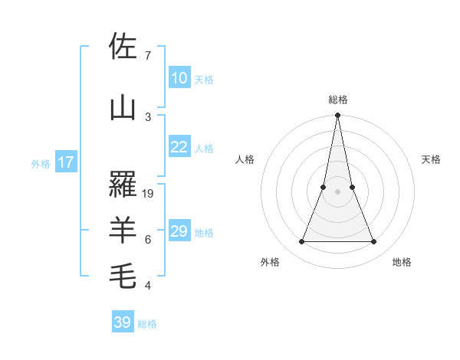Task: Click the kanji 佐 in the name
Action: click(123, 47)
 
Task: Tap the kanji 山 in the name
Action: click(123, 108)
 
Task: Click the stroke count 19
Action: click(148, 194)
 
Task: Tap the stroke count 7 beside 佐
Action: click(147, 56)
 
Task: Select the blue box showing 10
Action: click(179, 78)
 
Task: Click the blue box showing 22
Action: click(179, 147)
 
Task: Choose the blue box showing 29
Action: click(179, 231)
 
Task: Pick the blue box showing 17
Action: click(65, 162)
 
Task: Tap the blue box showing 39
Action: click(123, 322)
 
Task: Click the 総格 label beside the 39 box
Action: click(147, 324)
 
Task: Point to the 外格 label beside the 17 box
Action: click(41, 163)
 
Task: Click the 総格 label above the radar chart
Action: click(338, 100)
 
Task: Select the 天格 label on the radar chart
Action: click(431, 159)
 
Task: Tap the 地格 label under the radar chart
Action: click(402, 262)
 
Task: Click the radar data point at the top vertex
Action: click(338, 116)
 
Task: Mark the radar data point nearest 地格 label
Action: click(374, 242)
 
